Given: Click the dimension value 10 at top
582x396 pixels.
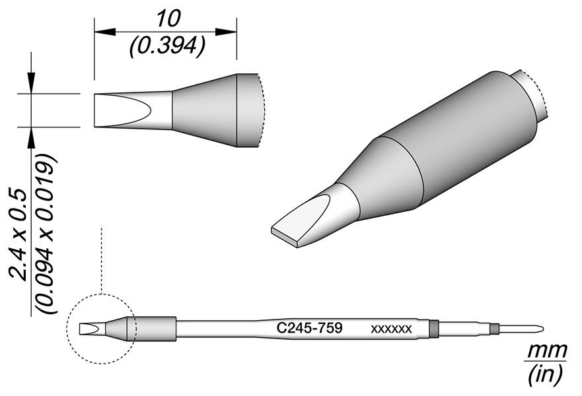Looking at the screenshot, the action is point(169,19).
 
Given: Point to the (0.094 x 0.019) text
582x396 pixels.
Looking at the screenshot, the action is point(46,234).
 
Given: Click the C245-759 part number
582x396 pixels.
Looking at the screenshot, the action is point(310,328).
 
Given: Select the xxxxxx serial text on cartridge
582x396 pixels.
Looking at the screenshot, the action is point(391,329).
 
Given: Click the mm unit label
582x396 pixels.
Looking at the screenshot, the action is point(547,350).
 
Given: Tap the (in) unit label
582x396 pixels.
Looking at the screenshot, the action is point(544,374).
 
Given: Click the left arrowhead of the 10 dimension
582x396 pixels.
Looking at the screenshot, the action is point(106,32).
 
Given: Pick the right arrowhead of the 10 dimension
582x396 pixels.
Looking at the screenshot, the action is point(226,32).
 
